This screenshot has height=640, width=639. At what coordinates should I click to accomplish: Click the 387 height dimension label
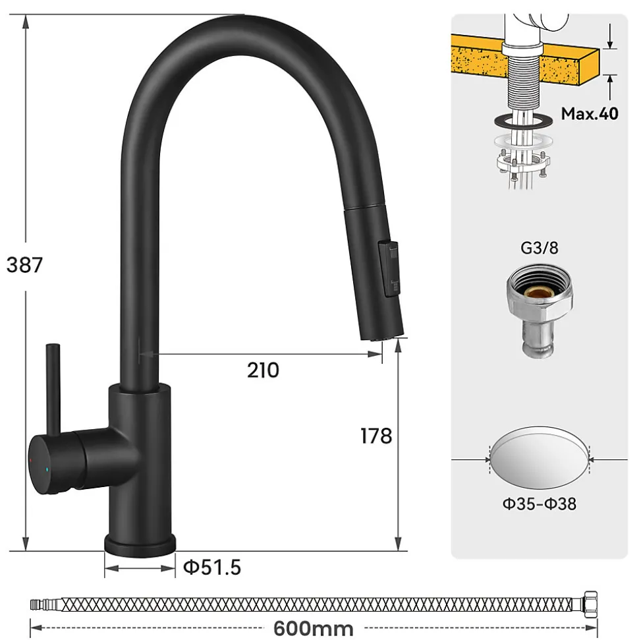click(x=24, y=264)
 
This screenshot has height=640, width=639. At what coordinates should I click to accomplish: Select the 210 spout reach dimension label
click(x=263, y=370)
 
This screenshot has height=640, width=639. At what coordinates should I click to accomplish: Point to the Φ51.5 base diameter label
click(x=212, y=567)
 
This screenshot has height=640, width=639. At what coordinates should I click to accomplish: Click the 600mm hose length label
click(x=314, y=628)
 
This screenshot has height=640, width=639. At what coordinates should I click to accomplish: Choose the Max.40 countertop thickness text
click(x=590, y=113)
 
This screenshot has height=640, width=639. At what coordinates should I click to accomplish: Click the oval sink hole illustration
click(x=540, y=459)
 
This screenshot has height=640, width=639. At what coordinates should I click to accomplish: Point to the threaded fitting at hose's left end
click(x=45, y=604)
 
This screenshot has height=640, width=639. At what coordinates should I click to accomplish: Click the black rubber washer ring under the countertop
click(x=520, y=121)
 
